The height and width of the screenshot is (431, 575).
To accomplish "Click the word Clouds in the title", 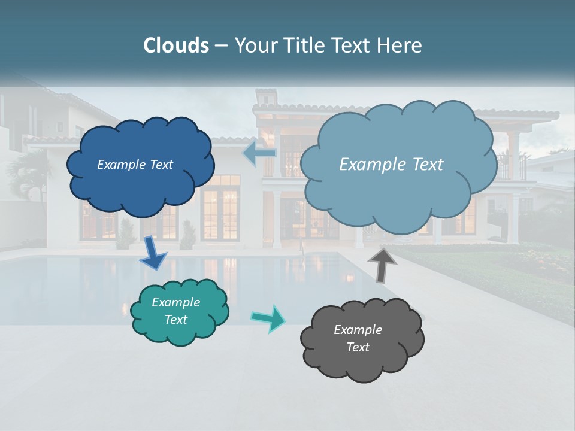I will pyautogui.click(x=175, y=45).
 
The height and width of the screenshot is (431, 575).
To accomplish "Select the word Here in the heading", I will pyautogui.click(x=401, y=45).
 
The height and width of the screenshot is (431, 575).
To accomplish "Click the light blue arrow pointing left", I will pyautogui.click(x=259, y=154).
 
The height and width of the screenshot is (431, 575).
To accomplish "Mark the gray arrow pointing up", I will pyautogui.click(x=382, y=264).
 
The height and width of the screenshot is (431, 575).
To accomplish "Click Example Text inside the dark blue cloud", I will pyautogui.click(x=135, y=165).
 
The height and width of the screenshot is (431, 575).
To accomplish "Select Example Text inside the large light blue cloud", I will pyautogui.click(x=391, y=165).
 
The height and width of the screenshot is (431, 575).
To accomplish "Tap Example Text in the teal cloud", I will pyautogui.click(x=176, y=311).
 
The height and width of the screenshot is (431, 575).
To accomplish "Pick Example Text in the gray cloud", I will pyautogui.click(x=358, y=338).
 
